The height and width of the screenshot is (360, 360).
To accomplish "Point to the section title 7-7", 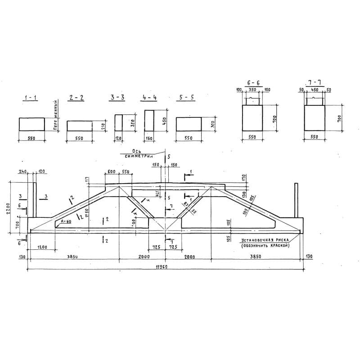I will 315,84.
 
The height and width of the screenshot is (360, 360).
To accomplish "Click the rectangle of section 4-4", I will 149,121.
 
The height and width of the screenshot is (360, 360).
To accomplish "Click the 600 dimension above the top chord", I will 111,172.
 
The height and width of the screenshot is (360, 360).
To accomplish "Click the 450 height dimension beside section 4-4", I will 165,121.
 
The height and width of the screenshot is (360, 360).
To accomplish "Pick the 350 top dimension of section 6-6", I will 253,90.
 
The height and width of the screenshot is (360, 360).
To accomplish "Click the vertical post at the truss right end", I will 296,200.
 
